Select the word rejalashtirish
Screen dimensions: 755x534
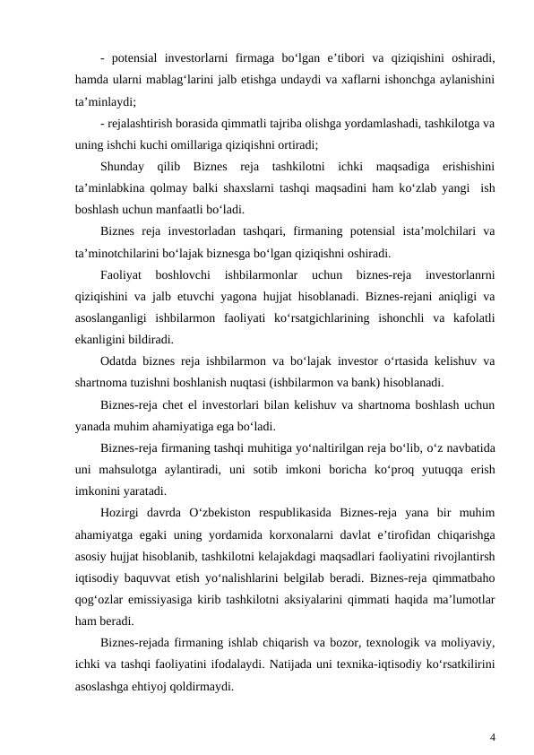(143, 123)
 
